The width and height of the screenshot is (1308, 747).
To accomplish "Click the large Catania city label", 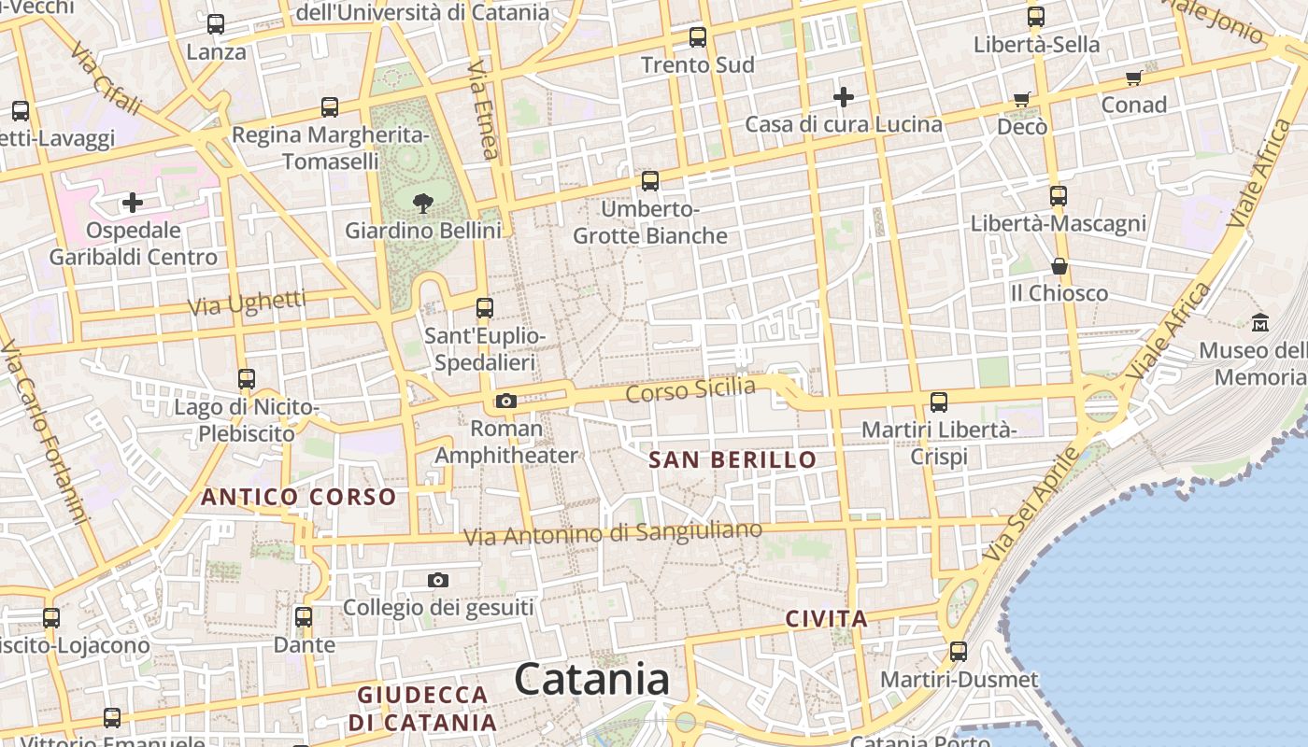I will pyautogui.click(x=591, y=679).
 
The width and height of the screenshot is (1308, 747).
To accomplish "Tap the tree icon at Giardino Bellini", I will pyautogui.click(x=422, y=203).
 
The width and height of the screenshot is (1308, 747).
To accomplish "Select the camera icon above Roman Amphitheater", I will pyautogui.click(x=506, y=402).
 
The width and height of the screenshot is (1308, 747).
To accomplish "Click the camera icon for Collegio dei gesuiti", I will pyautogui.click(x=437, y=581).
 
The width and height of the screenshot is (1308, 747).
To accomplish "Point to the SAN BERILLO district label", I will pyautogui.click(x=732, y=459).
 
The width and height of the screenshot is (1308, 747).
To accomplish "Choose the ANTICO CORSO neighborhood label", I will pyautogui.click(x=299, y=497).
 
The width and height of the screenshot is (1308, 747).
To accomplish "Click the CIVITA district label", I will pyautogui.click(x=827, y=618).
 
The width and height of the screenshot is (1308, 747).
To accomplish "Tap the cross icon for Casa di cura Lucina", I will pyautogui.click(x=844, y=96).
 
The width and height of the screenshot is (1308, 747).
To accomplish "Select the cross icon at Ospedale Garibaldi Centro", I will pyautogui.click(x=133, y=202).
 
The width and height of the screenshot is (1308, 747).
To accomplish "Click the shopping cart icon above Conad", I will pyautogui.click(x=1134, y=78).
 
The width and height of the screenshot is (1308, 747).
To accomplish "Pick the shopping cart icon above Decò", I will pyautogui.click(x=1022, y=99).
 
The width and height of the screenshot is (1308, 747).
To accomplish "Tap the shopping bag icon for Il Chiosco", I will pyautogui.click(x=1059, y=267).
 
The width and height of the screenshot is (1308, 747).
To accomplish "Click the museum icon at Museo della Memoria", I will pyautogui.click(x=1260, y=322).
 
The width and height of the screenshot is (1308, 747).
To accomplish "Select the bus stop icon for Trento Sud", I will pyautogui.click(x=698, y=37).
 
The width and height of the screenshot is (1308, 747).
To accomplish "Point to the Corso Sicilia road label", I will pyautogui.click(x=690, y=389).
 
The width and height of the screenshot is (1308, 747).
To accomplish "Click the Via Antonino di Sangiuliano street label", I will pyautogui.click(x=613, y=534).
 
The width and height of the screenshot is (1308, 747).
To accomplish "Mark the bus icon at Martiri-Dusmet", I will pyautogui.click(x=959, y=652).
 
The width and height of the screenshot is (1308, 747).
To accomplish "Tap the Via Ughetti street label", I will pyautogui.click(x=247, y=303).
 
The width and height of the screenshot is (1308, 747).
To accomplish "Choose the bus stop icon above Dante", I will pyautogui.click(x=304, y=617).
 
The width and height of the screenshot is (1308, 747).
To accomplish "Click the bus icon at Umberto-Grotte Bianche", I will pyautogui.click(x=650, y=181).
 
